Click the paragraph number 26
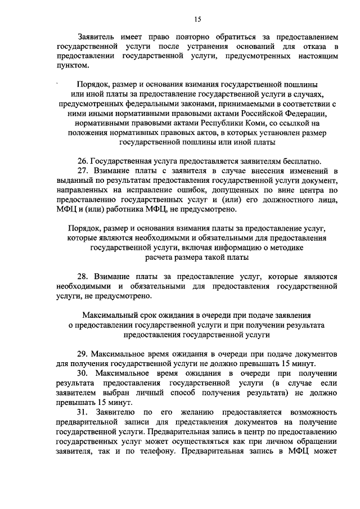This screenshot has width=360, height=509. (x=83, y=161)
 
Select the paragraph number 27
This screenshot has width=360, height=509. (x=83, y=170)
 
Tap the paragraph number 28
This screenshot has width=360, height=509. (x=83, y=277)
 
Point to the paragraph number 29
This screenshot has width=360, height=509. (x=83, y=354)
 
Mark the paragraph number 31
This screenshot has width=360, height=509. (x=83, y=412)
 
